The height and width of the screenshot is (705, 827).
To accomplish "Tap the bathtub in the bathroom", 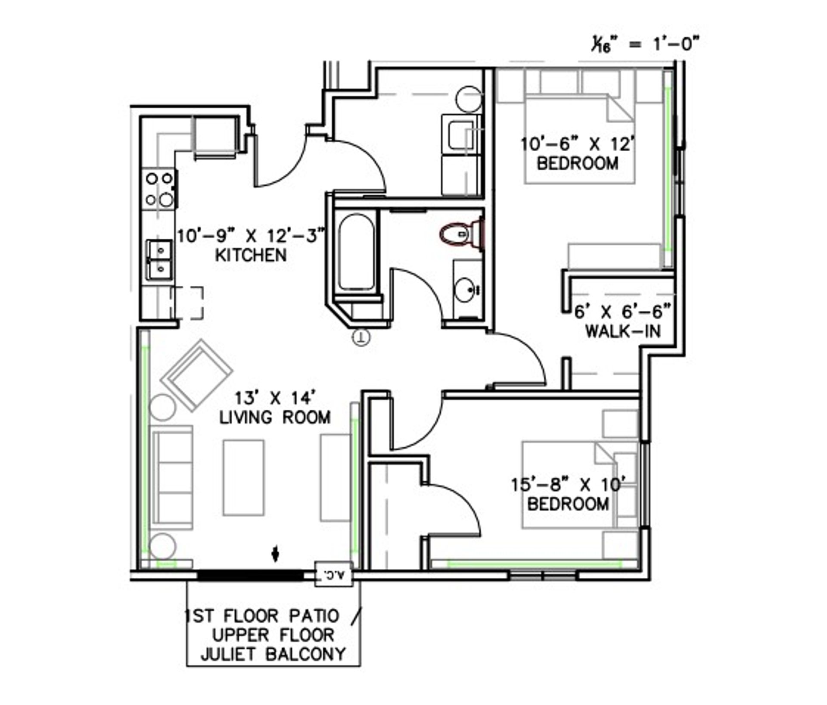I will click(356, 252).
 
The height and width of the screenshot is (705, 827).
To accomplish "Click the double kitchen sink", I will click(160, 260).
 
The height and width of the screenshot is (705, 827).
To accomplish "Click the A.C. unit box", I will click(334, 574).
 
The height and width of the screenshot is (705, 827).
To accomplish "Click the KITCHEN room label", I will click(251, 255).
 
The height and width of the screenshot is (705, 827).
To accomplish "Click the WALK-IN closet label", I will click(623, 331).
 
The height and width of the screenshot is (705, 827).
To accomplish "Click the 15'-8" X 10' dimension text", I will click(568, 485).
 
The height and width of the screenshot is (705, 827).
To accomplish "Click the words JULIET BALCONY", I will click(273, 654).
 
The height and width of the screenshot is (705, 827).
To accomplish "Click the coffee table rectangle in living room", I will click(243, 477).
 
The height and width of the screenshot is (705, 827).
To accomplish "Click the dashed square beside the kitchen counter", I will click(187, 303).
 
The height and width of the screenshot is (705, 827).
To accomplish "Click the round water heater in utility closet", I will click(468, 99).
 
